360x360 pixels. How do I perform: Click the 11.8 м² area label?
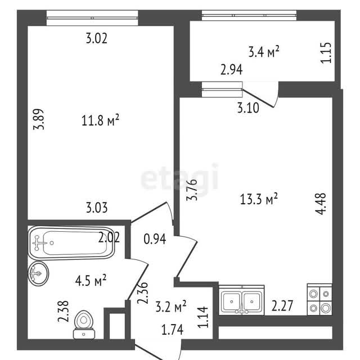pos(100,120)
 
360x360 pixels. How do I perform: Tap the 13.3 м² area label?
pos(259,199)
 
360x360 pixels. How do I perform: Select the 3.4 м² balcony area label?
pos(264,52)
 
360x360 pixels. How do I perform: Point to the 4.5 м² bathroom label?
pos(91,280)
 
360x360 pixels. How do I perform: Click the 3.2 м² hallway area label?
pos(171,306)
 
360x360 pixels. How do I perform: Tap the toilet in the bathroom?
pos(84,325)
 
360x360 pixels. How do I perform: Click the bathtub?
pos(71,243)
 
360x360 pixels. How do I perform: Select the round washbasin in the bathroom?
pos(38,273)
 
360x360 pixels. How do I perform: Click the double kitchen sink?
pos(241,300)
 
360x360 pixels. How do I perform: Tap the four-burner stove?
pos(319,300)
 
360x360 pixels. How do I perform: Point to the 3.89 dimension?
pos(38,119)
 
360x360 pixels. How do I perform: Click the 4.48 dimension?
pos(320,204)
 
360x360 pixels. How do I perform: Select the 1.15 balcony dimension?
pos(326,52)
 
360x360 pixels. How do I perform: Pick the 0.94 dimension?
pos(155,239)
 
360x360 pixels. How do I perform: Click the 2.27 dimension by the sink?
pos(282,305)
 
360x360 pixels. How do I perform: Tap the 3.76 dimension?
pos(192,190)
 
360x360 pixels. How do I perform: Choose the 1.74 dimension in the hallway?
pos(173,330)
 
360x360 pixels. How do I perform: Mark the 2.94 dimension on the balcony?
pos(231,70)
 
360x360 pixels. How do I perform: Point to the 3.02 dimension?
pos(97,38)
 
